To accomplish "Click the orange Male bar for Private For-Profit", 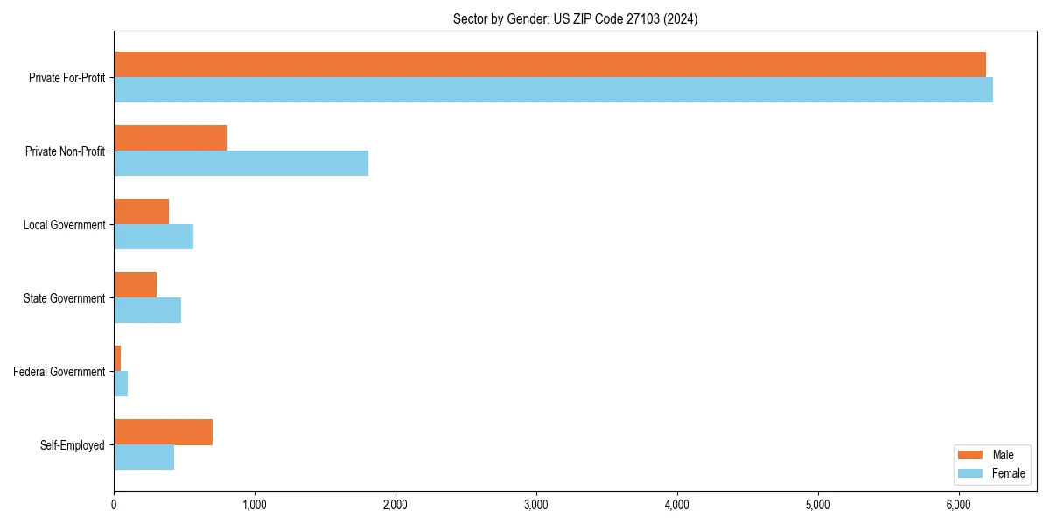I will pyautogui.click(x=549, y=65).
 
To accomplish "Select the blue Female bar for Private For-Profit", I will pyautogui.click(x=553, y=90).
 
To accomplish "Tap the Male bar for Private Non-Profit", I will pyautogui.click(x=170, y=138).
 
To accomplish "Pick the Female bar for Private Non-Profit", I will pyautogui.click(x=241, y=164).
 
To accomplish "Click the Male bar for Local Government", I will pyautogui.click(x=141, y=212).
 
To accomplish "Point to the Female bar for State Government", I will pyautogui.click(x=147, y=311).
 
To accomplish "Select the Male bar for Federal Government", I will pyautogui.click(x=117, y=359).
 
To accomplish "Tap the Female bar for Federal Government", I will pyautogui.click(x=121, y=384).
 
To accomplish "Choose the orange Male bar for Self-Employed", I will pyautogui.click(x=163, y=432).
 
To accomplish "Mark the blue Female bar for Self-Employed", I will pyautogui.click(x=143, y=458).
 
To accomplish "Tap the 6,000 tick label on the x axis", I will pyautogui.click(x=959, y=505).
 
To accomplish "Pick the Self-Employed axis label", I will pyautogui.click(x=73, y=445).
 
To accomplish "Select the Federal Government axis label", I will pyautogui.click(x=59, y=372).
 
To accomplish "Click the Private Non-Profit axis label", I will pyautogui.click(x=65, y=151).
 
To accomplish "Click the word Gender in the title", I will pyautogui.click(x=527, y=18).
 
